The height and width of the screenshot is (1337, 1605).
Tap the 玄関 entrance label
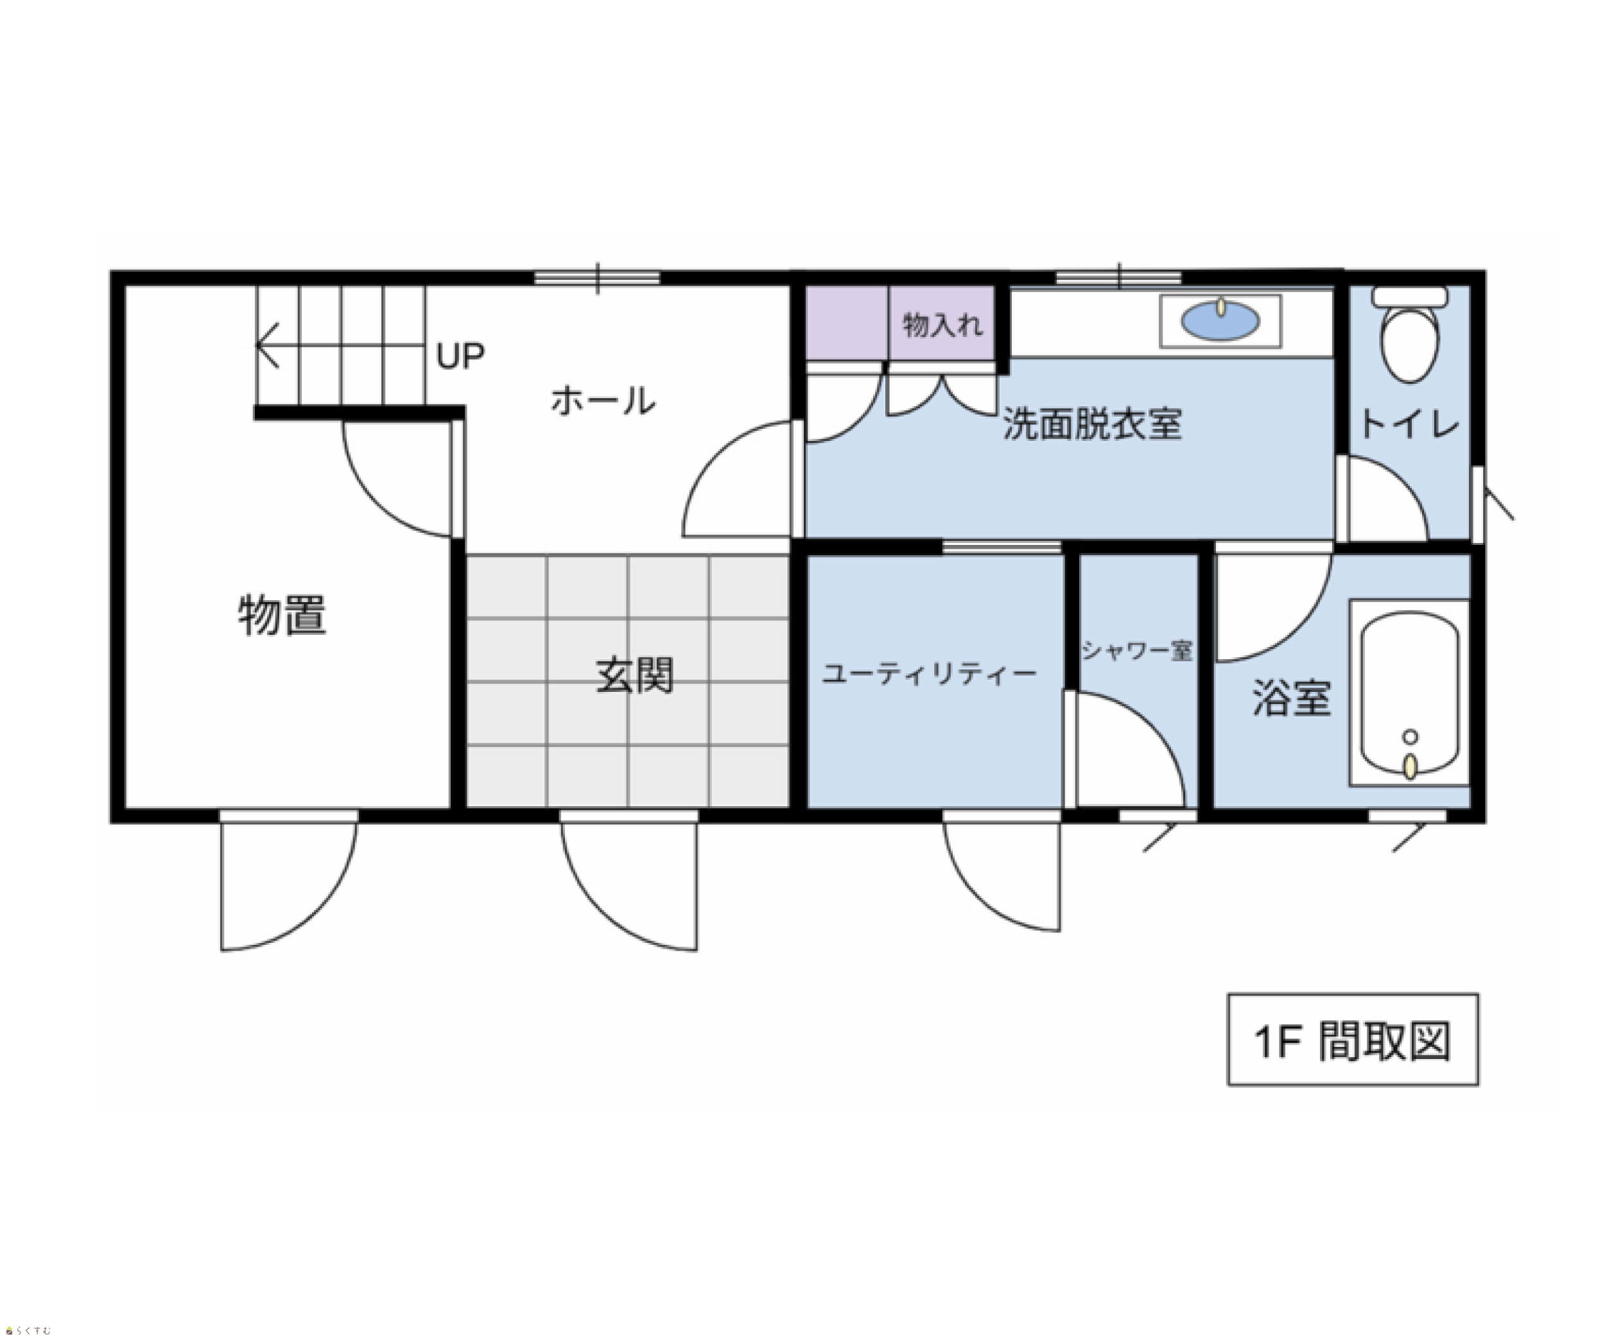point(634,675)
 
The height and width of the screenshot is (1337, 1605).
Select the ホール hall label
point(603,401)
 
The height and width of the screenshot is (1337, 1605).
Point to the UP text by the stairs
point(460,355)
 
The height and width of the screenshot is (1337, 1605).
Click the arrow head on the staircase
point(266,345)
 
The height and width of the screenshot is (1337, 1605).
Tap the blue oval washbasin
point(1220,321)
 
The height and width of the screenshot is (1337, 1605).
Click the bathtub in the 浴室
point(1410,692)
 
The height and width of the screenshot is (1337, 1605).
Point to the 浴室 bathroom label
point(1292,698)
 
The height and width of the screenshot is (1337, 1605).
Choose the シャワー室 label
point(1137,650)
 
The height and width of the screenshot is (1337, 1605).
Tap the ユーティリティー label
point(928,673)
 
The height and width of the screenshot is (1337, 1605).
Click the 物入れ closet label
point(942,325)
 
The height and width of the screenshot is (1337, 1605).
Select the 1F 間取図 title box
point(1353,1039)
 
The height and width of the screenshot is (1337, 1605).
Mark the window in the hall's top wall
point(597,277)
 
